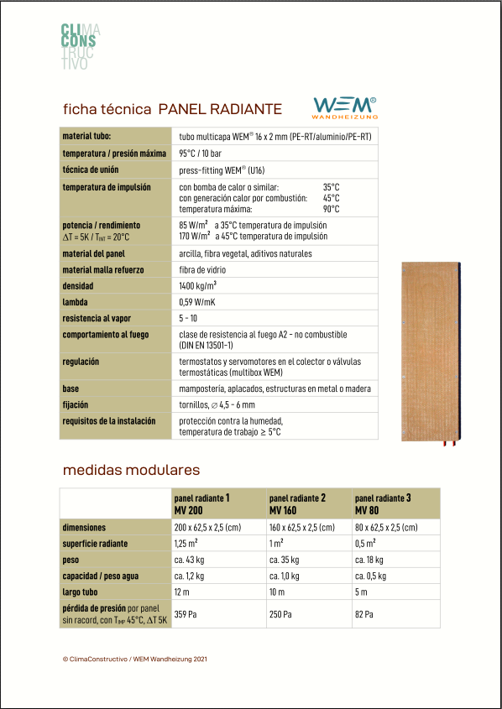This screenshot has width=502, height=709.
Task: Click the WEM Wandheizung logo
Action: coord(344,107)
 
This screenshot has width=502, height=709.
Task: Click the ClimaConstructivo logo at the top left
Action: coord(81,46)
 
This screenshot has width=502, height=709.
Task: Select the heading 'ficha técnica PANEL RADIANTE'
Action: coord(172,109)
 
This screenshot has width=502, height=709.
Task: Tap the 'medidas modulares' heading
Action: coord(131,470)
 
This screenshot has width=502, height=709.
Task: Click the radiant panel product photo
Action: coord(431,351)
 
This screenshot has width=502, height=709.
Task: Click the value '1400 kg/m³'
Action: coord(198,286)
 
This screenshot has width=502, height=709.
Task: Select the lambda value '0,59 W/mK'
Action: coord(197,302)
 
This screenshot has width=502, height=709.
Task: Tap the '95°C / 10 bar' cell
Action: coord(201,154)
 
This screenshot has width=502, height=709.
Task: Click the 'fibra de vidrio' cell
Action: coord(202,270)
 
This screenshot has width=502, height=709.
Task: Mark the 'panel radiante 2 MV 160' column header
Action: coord(296,503)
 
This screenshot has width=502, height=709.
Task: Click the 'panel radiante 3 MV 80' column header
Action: coord(383,503)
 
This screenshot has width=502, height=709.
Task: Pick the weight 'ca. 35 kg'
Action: coord(285,560)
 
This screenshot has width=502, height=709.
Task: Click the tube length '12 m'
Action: coord(182,592)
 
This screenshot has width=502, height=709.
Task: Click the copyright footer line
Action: coord(134,659)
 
